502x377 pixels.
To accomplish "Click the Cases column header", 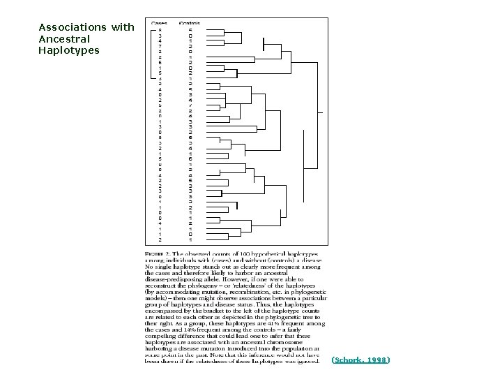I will (x=160, y=23).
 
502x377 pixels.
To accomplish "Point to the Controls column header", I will (x=190, y=23).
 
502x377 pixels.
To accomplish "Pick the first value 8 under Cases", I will (x=160, y=30).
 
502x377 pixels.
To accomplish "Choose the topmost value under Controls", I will (x=190, y=30).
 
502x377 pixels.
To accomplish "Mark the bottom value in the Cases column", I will (x=160, y=239).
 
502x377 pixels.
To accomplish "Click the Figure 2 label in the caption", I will (x=157, y=254).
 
